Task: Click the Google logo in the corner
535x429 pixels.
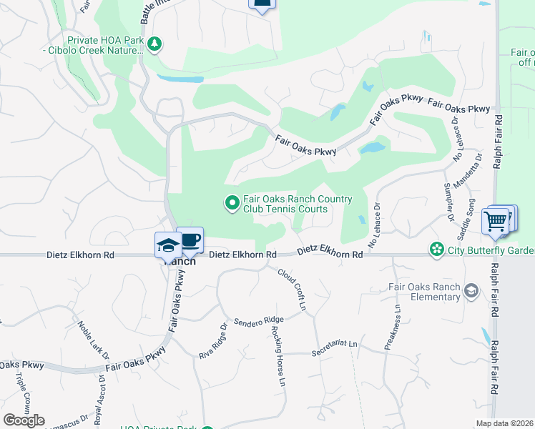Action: (x=24, y=420)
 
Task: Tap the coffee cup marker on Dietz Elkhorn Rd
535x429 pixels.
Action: (x=190, y=240)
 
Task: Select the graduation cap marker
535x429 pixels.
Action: (x=167, y=245)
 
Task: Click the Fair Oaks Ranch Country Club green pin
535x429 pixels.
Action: (x=232, y=204)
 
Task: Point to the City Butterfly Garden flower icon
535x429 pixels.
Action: (x=436, y=250)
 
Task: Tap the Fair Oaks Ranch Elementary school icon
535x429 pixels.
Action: (x=471, y=290)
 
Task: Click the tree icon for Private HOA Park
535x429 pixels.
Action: (x=154, y=45)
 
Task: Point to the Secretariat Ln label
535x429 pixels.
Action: (x=334, y=348)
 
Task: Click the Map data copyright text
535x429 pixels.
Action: (x=505, y=423)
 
